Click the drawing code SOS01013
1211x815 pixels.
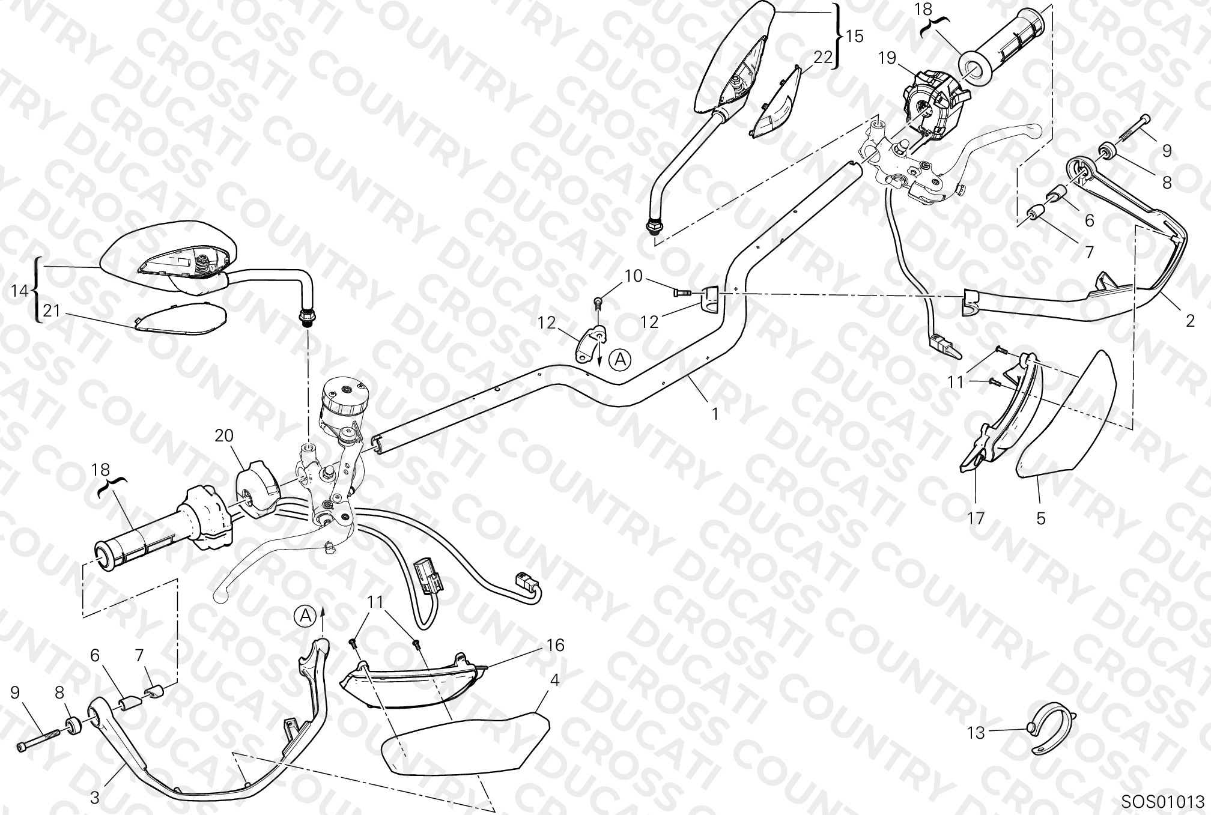pyautogui.click(x=1162, y=802)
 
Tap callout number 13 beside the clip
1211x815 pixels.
pyautogui.click(x=976, y=733)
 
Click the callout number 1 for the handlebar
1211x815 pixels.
pyautogui.click(x=715, y=414)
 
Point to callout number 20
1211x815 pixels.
pyautogui.click(x=224, y=435)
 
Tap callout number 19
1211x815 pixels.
pyautogui.click(x=887, y=58)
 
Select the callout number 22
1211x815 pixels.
pyautogui.click(x=822, y=57)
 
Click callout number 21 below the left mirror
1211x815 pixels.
pyautogui.click(x=52, y=311)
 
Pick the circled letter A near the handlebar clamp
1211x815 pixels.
pyautogui.click(x=621, y=360)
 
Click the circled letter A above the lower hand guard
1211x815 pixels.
pyautogui.click(x=305, y=616)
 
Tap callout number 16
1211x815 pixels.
pyautogui.click(x=556, y=645)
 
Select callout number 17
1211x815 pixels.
pyautogui.click(x=976, y=518)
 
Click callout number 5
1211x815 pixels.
pyautogui.click(x=1041, y=518)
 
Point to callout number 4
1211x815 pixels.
pyautogui.click(x=555, y=680)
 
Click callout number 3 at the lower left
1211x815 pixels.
pyautogui.click(x=94, y=798)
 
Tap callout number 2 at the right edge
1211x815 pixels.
pyautogui.click(x=1191, y=321)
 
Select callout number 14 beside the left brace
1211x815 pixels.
pyautogui.click(x=20, y=291)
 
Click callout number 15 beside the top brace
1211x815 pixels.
pyautogui.click(x=854, y=36)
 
